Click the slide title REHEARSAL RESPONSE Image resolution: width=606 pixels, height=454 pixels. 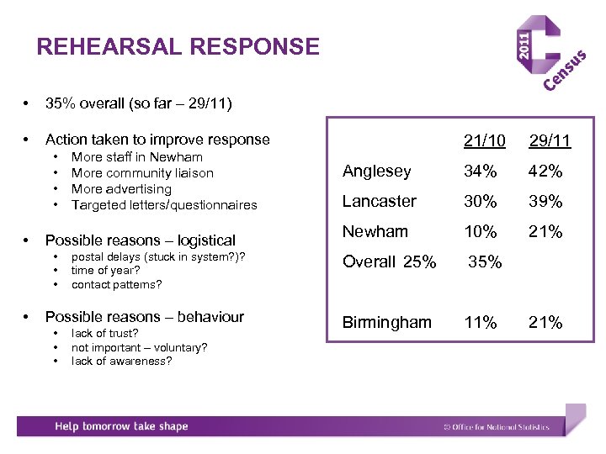(178, 46)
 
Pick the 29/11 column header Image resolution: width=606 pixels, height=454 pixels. (550, 140)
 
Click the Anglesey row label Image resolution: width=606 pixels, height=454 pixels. (377, 172)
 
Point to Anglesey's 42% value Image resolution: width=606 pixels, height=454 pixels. (545, 172)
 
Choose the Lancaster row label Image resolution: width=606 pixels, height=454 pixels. (380, 202)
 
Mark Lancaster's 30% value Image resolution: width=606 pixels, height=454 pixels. (481, 202)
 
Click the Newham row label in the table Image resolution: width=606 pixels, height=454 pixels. (375, 231)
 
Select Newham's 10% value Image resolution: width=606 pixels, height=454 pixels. (481, 231)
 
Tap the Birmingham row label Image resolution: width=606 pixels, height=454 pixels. (386, 323)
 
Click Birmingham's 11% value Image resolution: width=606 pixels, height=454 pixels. (481, 323)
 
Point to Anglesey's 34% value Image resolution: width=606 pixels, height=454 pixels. (481, 172)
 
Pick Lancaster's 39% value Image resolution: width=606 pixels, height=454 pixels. (545, 202)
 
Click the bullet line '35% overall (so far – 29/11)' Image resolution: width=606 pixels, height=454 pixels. (139, 104)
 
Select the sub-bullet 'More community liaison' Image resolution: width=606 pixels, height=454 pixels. (142, 173)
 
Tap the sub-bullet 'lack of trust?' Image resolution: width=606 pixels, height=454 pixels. (105, 334)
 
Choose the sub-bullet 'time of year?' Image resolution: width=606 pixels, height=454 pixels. (105, 270)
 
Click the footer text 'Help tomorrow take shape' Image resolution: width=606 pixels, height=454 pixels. (121, 426)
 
